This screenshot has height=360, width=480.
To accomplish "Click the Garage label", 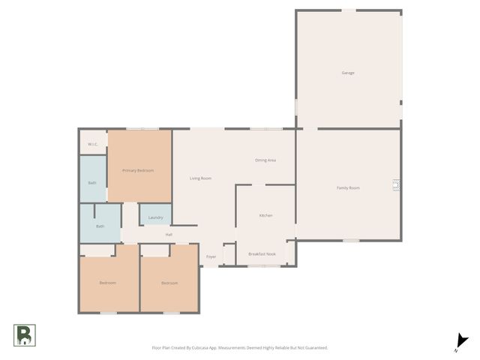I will click(348, 73).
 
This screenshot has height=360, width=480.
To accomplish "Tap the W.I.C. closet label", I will click(93, 144).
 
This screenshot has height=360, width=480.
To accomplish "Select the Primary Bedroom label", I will click(138, 171).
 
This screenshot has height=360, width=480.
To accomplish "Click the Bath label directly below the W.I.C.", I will click(92, 183).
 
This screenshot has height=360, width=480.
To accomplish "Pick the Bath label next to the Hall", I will click(100, 226).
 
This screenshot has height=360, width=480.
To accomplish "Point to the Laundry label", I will click(155, 217).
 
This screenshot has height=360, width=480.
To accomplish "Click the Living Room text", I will click(200, 178).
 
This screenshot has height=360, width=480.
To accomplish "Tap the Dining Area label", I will click(265, 160).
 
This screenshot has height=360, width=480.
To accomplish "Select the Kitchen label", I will click(265, 215).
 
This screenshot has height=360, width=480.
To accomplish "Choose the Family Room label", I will click(348, 187).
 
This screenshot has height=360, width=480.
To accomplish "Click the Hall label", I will click(169, 235).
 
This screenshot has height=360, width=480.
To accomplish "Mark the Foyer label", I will click(211, 256).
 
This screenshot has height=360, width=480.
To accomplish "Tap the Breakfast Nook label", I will click(262, 254).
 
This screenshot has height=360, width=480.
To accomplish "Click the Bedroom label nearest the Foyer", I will click(169, 283).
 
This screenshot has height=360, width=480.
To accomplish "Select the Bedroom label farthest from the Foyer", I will click(107, 283).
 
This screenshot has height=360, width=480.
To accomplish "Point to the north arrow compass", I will click(461, 342).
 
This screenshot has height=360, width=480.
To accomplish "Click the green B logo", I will click(24, 335).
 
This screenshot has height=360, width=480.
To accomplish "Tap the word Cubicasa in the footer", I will click(202, 348).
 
